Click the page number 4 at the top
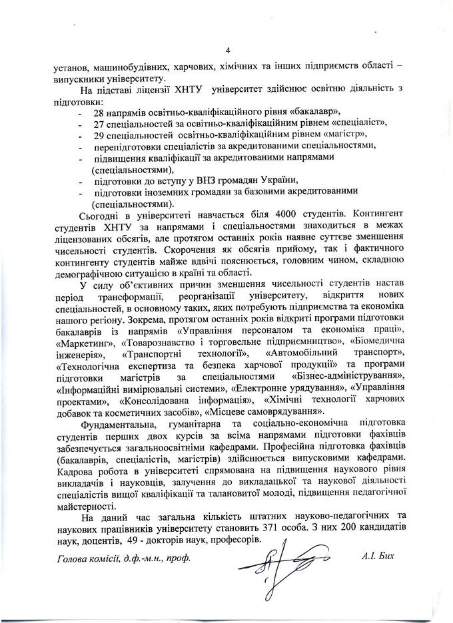[227, 51]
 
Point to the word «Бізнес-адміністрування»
[348, 374]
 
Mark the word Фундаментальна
[117, 423]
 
